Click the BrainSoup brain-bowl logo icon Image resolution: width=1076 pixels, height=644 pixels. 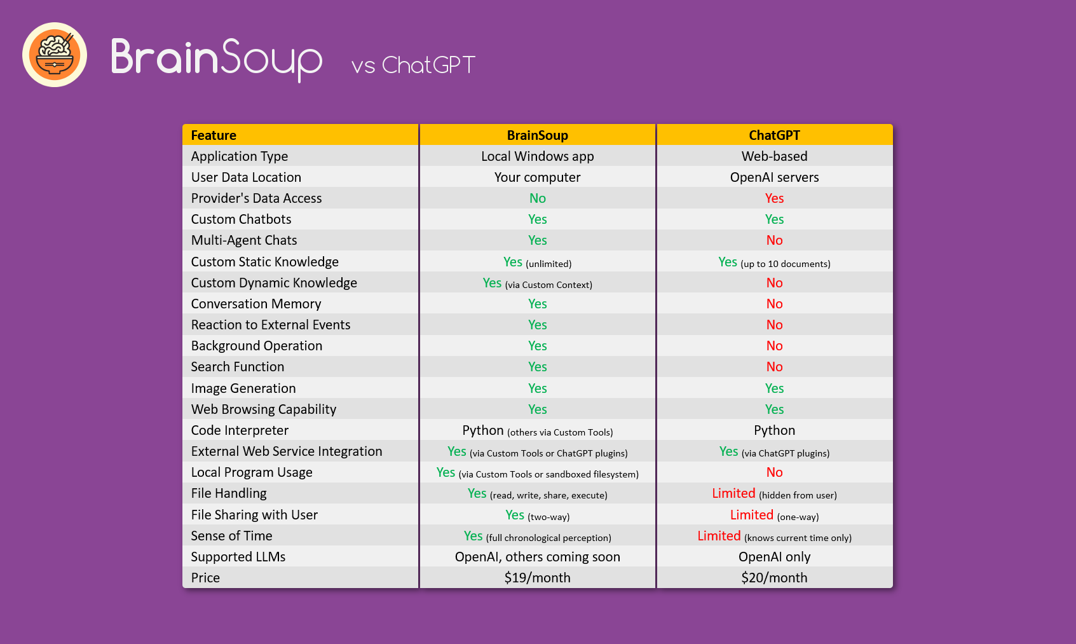[55, 55]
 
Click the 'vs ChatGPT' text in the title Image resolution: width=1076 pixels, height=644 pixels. [413, 65]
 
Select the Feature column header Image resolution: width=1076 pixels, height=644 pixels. [214, 135]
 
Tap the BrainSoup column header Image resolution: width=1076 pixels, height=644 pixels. [537, 135]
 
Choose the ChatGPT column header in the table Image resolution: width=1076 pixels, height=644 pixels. [774, 135]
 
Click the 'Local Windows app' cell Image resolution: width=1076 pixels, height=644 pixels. [537, 156]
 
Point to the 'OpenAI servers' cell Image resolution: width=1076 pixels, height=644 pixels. [774, 177]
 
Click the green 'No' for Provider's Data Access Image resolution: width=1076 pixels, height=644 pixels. [537, 198]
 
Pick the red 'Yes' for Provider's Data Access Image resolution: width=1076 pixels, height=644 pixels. [774, 198]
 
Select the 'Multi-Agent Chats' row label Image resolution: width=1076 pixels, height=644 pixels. [244, 240]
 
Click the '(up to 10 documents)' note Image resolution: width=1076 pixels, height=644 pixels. [786, 264]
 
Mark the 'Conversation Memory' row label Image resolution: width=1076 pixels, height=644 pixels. [256, 304]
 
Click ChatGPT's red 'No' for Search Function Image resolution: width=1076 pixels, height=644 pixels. [774, 367]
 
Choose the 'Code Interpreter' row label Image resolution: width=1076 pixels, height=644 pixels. [240, 430]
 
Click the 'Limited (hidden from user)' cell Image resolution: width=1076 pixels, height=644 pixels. [774, 494]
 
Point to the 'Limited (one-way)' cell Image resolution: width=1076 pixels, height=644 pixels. [774, 516]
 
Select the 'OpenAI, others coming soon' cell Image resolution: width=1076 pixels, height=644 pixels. [537, 557]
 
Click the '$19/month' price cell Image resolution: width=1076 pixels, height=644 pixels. [537, 578]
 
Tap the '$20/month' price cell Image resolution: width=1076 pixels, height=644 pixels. [774, 578]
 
